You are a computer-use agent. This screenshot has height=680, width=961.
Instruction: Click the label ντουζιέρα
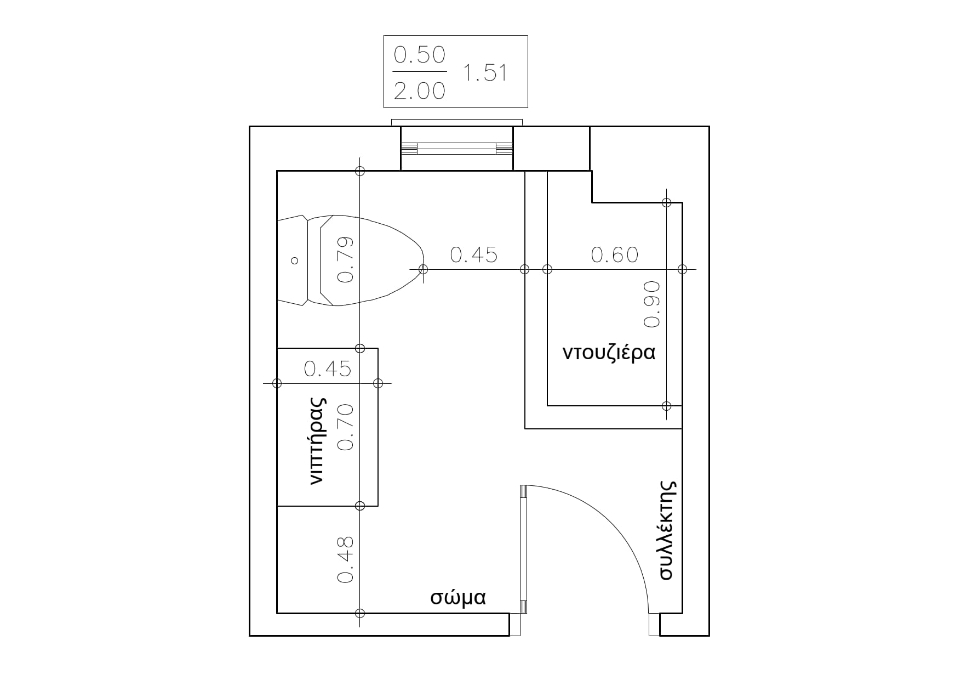pos(609,352)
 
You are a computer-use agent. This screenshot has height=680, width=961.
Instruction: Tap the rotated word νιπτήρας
pos(317,441)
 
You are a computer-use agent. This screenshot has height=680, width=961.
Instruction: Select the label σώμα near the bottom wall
pos(458,597)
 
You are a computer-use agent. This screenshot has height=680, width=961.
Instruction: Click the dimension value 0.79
pos(345,259)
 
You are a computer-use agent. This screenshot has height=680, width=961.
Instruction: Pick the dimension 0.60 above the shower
pos(615,254)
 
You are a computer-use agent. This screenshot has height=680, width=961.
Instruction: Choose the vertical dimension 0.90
pos(652,304)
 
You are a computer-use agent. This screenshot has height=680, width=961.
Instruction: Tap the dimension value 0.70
pos(345,427)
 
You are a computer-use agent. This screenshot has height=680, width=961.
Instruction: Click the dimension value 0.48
pos(345,559)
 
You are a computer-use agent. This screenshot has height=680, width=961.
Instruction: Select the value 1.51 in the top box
pos(485,72)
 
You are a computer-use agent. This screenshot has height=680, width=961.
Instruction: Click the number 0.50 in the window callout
pos(420,54)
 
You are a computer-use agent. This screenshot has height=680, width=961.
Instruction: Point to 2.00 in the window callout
pos(420,90)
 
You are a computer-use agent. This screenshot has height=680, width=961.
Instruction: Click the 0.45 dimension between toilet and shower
pos(474,254)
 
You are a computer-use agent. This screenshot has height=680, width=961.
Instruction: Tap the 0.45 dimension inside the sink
pos(328,369)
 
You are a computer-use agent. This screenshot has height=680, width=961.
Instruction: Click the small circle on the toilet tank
pos(295,260)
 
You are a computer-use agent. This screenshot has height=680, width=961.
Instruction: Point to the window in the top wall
pos(457,148)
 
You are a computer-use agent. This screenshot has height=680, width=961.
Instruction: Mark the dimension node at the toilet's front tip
pos(423,269)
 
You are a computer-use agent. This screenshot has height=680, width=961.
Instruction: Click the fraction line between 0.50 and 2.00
pos(420,72)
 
